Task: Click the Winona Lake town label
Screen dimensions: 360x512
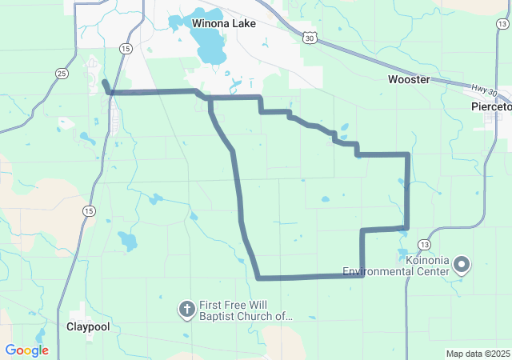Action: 224,23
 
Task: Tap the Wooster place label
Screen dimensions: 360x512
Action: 409,79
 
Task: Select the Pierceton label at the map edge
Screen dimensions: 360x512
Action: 491,106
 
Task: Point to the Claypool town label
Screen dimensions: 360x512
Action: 88,326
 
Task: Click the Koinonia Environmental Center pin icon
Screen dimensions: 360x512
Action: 462,263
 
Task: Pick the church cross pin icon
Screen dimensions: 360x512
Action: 186,309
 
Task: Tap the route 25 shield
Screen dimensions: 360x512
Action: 62,74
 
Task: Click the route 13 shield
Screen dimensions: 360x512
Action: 424,244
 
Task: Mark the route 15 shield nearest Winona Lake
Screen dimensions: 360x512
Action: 126,49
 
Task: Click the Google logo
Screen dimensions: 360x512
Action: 26,350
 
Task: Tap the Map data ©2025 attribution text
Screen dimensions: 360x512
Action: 478,354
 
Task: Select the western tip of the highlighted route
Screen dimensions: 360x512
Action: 104,82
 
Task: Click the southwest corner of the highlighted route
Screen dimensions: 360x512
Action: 258,278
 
